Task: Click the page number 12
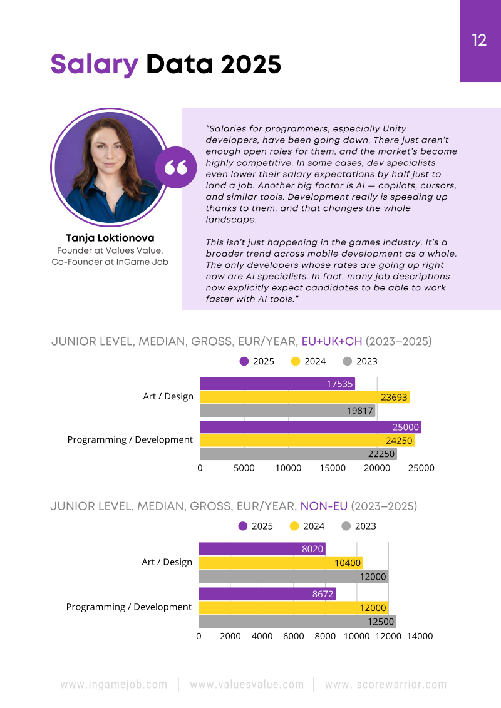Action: coord(479,41)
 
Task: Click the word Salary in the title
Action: coord(94,64)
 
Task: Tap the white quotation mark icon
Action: coord(176,167)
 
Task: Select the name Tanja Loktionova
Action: coord(110,239)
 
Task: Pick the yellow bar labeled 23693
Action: coord(304,397)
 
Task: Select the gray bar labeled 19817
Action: coord(287,411)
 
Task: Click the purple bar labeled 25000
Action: coord(310,427)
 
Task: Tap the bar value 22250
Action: coord(381,454)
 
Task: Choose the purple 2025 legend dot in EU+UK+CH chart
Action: coord(244,361)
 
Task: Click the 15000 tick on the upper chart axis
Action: coord(333,468)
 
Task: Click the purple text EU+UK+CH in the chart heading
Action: coord(332,341)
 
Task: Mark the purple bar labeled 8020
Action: coord(262,549)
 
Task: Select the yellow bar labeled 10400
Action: coord(281,563)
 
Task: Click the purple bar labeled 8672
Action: coord(267,593)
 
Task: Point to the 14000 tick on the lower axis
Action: coord(420,636)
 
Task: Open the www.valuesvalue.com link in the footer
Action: coord(247,685)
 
